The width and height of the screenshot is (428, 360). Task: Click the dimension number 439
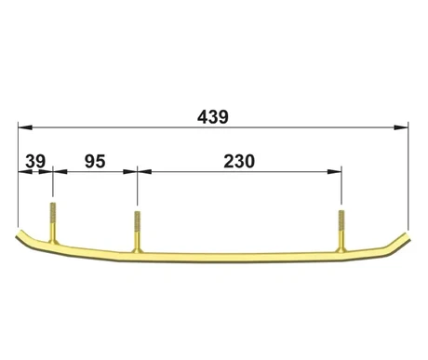(213, 117)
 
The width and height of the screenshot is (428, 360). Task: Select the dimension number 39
(35, 161)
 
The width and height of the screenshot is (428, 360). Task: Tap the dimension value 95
(95, 161)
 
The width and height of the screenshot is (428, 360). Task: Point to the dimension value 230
(239, 161)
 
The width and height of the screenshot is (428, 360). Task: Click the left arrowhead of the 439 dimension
(25, 127)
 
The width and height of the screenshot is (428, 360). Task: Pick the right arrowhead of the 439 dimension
(401, 127)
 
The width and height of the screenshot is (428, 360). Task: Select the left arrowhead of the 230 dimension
(144, 171)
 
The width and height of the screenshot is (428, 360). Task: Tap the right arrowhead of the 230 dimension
(334, 171)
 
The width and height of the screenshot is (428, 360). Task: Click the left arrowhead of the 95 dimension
(60, 171)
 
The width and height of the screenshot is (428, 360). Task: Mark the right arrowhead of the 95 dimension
(130, 171)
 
